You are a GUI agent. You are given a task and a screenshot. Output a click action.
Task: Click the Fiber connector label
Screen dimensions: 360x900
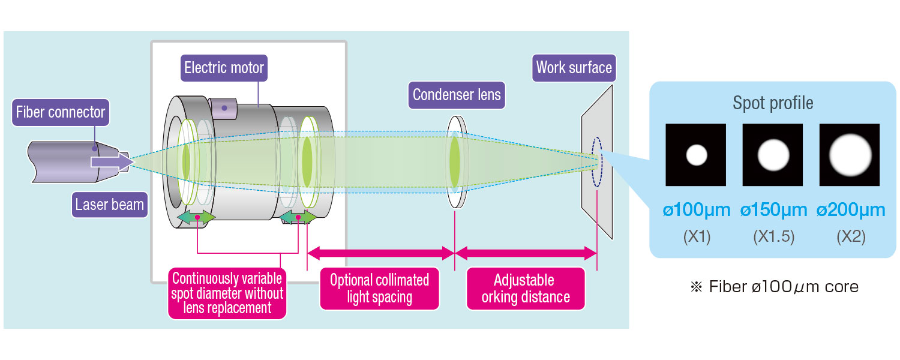(x=60, y=112)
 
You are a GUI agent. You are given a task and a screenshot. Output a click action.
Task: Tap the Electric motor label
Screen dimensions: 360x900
(x=224, y=68)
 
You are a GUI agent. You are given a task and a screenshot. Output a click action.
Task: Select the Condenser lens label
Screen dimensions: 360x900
(x=457, y=94)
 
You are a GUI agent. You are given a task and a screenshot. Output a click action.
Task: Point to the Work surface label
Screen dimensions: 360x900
(x=574, y=67)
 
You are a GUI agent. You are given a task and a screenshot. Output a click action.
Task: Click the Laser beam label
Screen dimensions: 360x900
(x=110, y=205)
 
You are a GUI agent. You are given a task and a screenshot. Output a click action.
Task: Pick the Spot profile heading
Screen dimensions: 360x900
(x=773, y=103)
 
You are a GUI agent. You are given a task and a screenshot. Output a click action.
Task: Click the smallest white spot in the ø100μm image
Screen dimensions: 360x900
(x=697, y=155)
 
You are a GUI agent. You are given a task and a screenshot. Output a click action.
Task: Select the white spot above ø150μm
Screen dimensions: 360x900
(x=773, y=155)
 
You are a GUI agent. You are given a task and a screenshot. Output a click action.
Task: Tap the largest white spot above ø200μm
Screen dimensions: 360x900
(x=849, y=155)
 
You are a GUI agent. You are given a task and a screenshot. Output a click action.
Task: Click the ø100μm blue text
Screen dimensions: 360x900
(x=697, y=210)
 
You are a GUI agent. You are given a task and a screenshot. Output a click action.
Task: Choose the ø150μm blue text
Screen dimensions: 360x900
(x=773, y=210)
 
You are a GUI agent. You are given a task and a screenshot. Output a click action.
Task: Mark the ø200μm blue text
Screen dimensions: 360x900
(x=850, y=210)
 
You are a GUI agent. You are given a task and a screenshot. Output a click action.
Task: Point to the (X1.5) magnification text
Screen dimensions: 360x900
(x=773, y=237)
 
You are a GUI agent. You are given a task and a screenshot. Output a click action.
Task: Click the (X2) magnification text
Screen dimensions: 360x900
(x=850, y=237)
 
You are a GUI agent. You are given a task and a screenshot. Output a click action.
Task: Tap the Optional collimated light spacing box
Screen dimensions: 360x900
(x=379, y=289)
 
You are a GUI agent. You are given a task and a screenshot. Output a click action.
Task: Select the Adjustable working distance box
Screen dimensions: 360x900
(x=526, y=289)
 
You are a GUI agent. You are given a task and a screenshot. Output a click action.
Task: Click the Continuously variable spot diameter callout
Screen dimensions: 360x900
(x=227, y=293)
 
